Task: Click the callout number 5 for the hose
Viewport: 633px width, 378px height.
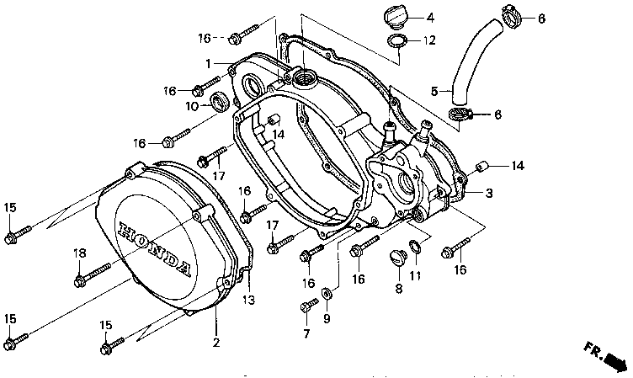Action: [x=435, y=91]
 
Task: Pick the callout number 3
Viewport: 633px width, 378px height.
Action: [x=488, y=194]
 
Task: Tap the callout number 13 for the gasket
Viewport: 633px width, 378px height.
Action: [x=249, y=300]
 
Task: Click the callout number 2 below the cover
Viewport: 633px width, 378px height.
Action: [x=215, y=342]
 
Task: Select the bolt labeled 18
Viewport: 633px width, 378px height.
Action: [x=92, y=274]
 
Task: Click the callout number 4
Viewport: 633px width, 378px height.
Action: [x=429, y=17]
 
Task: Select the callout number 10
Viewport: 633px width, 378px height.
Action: [x=192, y=107]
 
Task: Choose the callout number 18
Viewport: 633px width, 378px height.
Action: [x=79, y=253]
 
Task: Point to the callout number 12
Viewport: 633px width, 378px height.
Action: [x=429, y=40]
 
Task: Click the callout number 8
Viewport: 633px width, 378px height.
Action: [x=399, y=289]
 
